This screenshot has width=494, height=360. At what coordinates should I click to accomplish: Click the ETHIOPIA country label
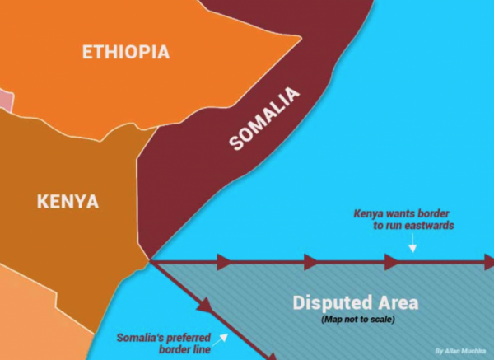click(126, 52)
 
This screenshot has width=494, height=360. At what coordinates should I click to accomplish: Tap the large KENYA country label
click(68, 201)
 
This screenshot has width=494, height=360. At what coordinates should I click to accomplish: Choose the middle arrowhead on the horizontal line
click(310, 263)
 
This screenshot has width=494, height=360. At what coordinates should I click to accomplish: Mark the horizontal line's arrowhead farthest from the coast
click(393, 263)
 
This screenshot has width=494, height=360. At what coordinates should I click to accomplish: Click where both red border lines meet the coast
click(150, 262)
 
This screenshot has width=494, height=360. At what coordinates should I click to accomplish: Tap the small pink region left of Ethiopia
click(6, 101)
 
